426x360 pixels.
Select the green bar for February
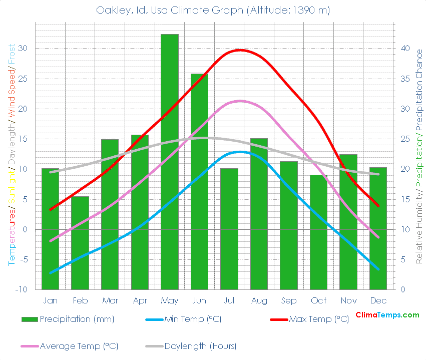point(80,243)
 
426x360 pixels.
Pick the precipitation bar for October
point(318,232)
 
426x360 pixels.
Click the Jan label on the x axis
point(50,300)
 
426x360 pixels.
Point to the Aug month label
point(259,300)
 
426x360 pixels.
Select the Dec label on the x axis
point(378,300)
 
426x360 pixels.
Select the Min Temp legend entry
point(192,319)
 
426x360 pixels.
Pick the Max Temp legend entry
point(318,319)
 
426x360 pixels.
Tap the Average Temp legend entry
point(79,346)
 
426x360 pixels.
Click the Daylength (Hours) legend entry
point(200,346)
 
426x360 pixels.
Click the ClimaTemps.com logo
point(387,315)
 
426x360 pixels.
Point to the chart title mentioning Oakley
point(213,10)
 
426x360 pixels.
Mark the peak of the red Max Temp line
point(240,50)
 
